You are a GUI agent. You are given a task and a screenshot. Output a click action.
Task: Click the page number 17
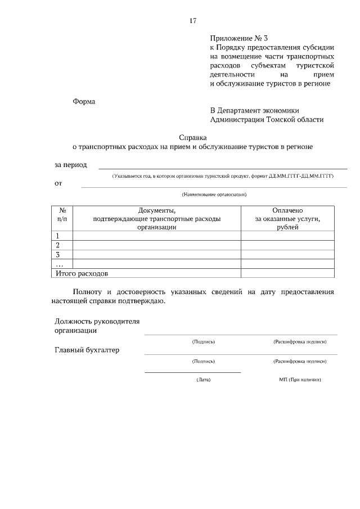point(192,21)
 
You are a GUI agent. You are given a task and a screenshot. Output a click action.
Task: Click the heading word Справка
point(193,137)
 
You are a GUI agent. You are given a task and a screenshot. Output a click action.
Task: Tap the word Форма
point(84,102)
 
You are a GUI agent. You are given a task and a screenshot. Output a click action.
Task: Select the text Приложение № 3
point(238,39)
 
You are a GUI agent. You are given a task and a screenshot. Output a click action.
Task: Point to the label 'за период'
point(71,165)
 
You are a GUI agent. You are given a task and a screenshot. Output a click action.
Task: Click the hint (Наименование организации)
point(214,195)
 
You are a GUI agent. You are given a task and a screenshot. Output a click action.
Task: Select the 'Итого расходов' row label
point(81,273)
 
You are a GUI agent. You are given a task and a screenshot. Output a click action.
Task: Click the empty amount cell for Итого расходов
point(287,273)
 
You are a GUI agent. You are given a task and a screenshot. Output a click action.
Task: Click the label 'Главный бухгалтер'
point(87,350)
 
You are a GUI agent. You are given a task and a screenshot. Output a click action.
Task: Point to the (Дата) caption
point(203,380)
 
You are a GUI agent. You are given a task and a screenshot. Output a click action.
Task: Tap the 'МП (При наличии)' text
point(300,380)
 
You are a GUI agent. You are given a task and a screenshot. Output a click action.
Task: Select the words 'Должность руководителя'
point(97,321)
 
